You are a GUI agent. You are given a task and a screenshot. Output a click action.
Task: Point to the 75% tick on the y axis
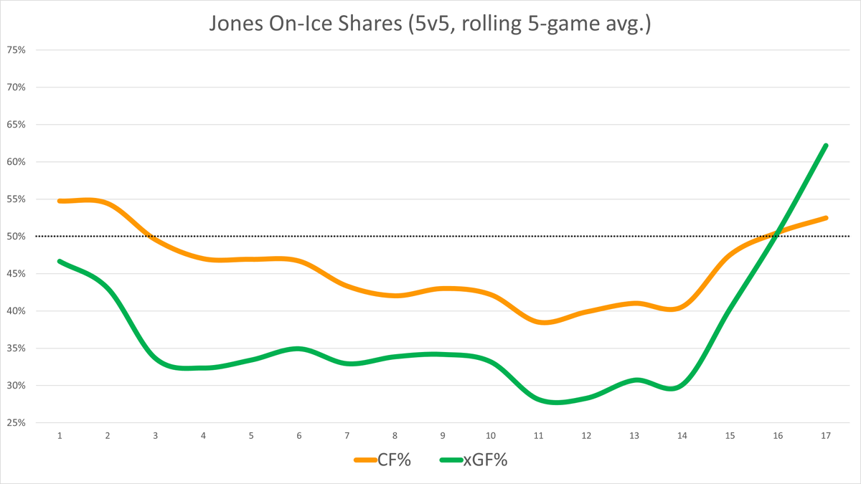pos(16,50)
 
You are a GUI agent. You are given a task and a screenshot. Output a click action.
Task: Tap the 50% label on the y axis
pos(16,237)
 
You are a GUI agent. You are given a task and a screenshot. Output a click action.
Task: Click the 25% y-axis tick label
pos(16,423)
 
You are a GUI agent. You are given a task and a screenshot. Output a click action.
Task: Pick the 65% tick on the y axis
pos(16,125)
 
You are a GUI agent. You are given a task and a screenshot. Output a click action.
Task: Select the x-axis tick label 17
pos(825,436)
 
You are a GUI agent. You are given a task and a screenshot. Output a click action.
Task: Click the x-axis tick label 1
pos(60,436)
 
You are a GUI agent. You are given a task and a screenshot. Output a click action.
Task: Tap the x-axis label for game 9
pos(443,436)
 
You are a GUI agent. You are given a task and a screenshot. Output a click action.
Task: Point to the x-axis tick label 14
pos(682,436)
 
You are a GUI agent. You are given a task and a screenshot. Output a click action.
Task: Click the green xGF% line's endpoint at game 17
pos(826,146)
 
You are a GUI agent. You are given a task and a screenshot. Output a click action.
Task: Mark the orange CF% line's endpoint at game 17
pos(826,218)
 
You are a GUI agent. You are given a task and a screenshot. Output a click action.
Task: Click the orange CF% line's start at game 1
pos(60,201)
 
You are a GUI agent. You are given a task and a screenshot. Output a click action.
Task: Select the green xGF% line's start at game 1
pos(60,261)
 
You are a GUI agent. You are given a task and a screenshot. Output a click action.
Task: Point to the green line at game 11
pos(538,400)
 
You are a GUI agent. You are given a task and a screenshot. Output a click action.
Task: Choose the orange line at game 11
pos(538,322)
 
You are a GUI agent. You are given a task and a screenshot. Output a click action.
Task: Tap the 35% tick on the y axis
pos(16,348)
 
